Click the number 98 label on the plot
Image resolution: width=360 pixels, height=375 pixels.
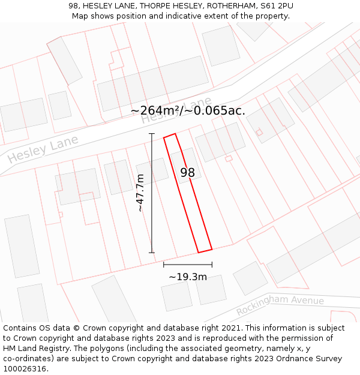188,173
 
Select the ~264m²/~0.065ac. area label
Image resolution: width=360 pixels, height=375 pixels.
188,110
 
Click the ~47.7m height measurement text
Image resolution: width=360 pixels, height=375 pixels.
140,193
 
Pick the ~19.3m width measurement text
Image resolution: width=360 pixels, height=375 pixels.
188,277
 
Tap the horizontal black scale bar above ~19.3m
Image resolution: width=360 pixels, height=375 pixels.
188,264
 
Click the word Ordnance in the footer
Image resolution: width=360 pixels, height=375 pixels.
304,359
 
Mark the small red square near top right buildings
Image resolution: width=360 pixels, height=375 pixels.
259,132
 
